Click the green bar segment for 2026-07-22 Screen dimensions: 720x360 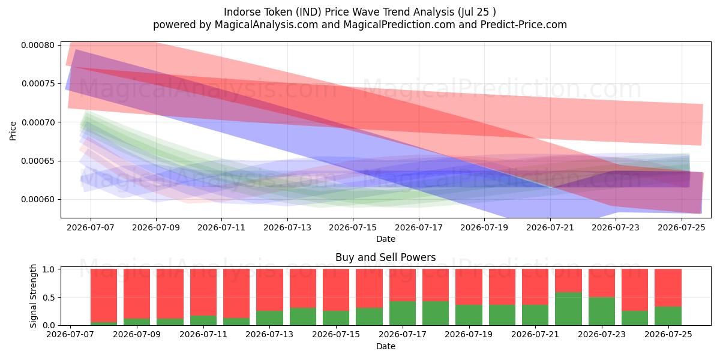(x=568, y=308)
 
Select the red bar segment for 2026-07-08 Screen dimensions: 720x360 (x=103, y=295)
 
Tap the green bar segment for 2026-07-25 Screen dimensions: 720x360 (x=668, y=316)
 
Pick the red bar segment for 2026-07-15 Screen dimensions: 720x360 (x=336, y=290)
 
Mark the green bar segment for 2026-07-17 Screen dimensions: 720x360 (x=403, y=313)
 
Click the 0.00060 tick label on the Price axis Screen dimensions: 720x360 (x=38, y=199)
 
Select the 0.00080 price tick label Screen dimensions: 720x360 (x=38, y=45)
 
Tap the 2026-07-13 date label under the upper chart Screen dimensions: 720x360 (x=287, y=227)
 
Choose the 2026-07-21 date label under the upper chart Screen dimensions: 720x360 (x=550, y=227)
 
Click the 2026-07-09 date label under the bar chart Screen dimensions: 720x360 (x=137, y=334)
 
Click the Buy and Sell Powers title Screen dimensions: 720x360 (x=386, y=257)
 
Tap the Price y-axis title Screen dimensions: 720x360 (x=13, y=131)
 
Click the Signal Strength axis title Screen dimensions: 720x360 (x=33, y=296)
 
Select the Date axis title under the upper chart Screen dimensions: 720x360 (x=386, y=239)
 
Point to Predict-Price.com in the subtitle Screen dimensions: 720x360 (x=524, y=25)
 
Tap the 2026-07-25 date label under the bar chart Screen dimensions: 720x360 (x=668, y=334)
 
